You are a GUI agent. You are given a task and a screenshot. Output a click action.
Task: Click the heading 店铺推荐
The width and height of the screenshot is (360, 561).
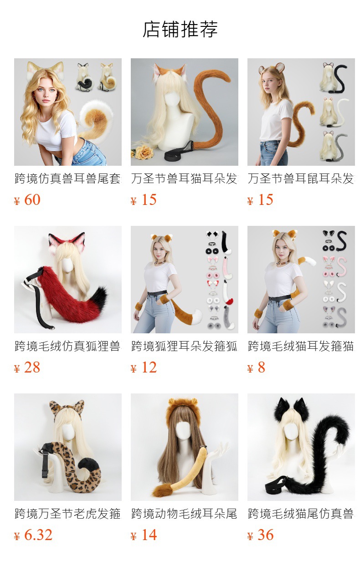coord(180,29)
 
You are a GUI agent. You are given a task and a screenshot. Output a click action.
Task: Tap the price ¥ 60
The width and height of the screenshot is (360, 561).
coord(27,200)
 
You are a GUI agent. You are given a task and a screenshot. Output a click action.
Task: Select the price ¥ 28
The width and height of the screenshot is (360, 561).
coord(27,367)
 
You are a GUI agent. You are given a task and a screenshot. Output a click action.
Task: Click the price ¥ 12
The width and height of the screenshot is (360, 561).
coord(144,367)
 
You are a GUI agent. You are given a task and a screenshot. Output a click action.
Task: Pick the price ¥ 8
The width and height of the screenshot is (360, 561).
coord(256,367)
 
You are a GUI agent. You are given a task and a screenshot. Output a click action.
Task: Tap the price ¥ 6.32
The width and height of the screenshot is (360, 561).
coord(33,535)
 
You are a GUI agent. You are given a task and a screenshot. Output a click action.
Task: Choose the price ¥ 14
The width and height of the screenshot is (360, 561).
coord(144,535)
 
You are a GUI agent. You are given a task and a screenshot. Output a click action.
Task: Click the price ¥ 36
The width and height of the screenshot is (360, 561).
coord(261,535)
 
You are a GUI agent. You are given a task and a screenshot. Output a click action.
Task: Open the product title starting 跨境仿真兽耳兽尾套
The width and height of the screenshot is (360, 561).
coord(68,178)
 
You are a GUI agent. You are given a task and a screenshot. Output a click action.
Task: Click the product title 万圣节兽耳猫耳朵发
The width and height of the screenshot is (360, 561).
coord(184,178)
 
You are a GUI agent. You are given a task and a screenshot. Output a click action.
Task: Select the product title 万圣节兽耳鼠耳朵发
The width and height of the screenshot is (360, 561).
coord(301,178)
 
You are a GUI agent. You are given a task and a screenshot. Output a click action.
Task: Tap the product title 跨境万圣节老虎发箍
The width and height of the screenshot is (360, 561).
coord(68,514)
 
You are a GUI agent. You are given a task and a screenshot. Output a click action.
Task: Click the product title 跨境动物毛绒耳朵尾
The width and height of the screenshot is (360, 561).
coord(184,514)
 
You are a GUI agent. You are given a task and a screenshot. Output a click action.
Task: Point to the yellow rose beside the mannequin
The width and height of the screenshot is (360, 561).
coord(143,151)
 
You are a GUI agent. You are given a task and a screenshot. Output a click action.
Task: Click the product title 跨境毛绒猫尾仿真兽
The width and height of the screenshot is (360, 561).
coord(301,514)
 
